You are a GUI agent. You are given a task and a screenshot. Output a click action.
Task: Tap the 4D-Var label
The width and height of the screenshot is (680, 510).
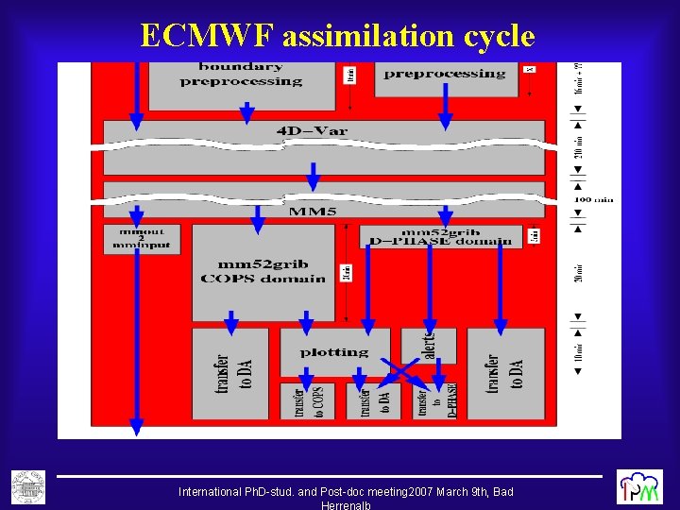313,130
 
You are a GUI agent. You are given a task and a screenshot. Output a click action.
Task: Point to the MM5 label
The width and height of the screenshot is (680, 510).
313,212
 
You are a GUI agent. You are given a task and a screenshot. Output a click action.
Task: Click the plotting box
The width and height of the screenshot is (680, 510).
334,352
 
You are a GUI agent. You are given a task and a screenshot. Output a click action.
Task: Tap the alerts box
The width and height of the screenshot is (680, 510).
429,345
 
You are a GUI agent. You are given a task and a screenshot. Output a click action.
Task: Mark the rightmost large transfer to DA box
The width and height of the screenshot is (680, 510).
505,374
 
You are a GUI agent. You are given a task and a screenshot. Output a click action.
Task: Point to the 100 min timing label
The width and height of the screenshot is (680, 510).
594,199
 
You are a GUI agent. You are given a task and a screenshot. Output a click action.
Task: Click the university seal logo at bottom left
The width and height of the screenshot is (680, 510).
28,486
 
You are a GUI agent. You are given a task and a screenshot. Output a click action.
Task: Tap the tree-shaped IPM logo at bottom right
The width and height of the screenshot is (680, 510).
639,486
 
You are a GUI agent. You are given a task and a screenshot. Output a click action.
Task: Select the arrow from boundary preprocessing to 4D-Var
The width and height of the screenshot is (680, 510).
246,112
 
